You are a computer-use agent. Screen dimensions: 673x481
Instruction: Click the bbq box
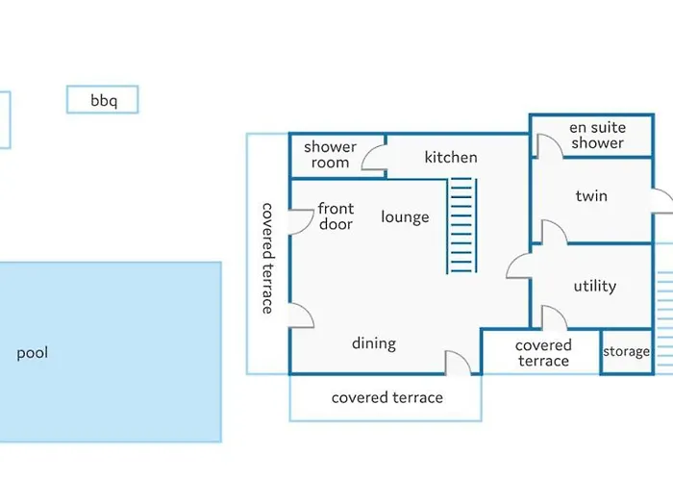103,100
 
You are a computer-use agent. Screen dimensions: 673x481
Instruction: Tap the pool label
32,353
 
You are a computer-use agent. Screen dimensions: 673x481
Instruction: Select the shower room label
330,155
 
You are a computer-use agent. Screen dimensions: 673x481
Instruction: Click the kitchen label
451,157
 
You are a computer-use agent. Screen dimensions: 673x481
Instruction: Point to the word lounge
405,216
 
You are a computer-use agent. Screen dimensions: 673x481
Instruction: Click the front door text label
336,216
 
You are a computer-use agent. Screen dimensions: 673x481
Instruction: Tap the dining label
373,343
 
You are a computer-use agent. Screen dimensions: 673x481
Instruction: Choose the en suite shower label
597,135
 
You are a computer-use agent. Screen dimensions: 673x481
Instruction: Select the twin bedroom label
591,196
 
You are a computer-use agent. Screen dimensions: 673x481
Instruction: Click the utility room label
595,286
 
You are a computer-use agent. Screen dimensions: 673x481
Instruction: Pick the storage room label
626,352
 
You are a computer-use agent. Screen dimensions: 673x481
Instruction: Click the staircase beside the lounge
461,225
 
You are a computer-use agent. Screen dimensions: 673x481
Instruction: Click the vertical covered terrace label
267,258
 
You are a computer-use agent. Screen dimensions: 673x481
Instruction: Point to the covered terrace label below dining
387,397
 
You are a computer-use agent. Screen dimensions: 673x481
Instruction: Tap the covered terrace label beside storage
543,353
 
